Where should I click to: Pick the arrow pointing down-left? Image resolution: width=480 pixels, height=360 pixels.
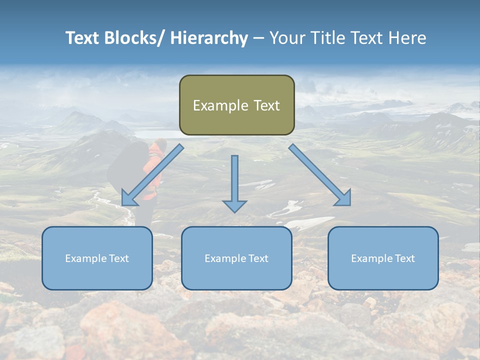click(152, 175)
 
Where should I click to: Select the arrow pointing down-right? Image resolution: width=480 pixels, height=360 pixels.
click(320, 175)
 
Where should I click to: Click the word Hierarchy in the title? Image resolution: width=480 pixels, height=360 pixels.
click(209, 38)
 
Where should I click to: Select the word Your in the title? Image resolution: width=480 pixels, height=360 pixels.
click(287, 38)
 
